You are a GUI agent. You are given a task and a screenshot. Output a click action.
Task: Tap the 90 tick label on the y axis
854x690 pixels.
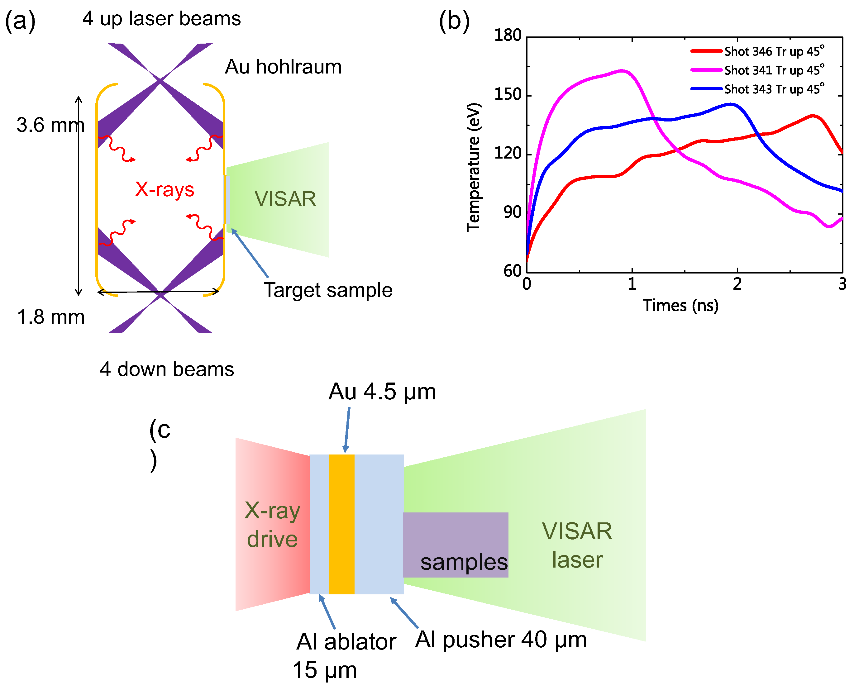[512, 213]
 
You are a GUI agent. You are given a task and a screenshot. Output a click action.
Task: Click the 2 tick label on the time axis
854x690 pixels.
[737, 284]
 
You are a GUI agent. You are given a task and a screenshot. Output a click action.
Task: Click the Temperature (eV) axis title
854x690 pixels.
[473, 167]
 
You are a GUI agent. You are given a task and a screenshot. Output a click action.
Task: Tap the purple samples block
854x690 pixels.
[455, 545]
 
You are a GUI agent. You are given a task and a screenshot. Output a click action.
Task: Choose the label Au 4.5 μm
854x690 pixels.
[382, 392]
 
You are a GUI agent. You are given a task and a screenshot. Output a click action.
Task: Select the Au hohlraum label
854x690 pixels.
[283, 67]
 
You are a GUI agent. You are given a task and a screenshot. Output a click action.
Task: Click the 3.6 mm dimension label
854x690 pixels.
[50, 125]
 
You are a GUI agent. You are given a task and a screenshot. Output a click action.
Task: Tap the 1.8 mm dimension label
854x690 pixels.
[50, 317]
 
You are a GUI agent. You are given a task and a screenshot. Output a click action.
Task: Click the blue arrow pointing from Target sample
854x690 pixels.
[250, 253]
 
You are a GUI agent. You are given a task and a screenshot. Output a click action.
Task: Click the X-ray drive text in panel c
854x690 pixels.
[272, 525]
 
